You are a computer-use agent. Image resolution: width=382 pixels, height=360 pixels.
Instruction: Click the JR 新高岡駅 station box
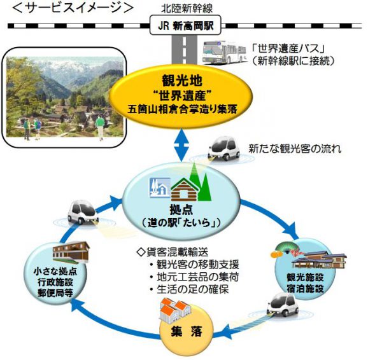point(186,27)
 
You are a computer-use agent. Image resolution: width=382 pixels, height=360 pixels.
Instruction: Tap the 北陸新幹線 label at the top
point(187,8)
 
